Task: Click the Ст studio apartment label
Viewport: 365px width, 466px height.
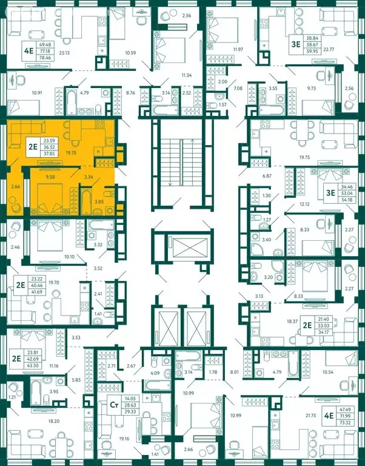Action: (x=113, y=402)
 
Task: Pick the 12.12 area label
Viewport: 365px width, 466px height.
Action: (x=304, y=204)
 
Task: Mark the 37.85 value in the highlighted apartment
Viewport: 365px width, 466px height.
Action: (x=45, y=153)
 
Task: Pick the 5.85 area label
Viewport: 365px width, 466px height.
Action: (x=75, y=380)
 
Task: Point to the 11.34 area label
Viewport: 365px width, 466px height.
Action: (x=186, y=75)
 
